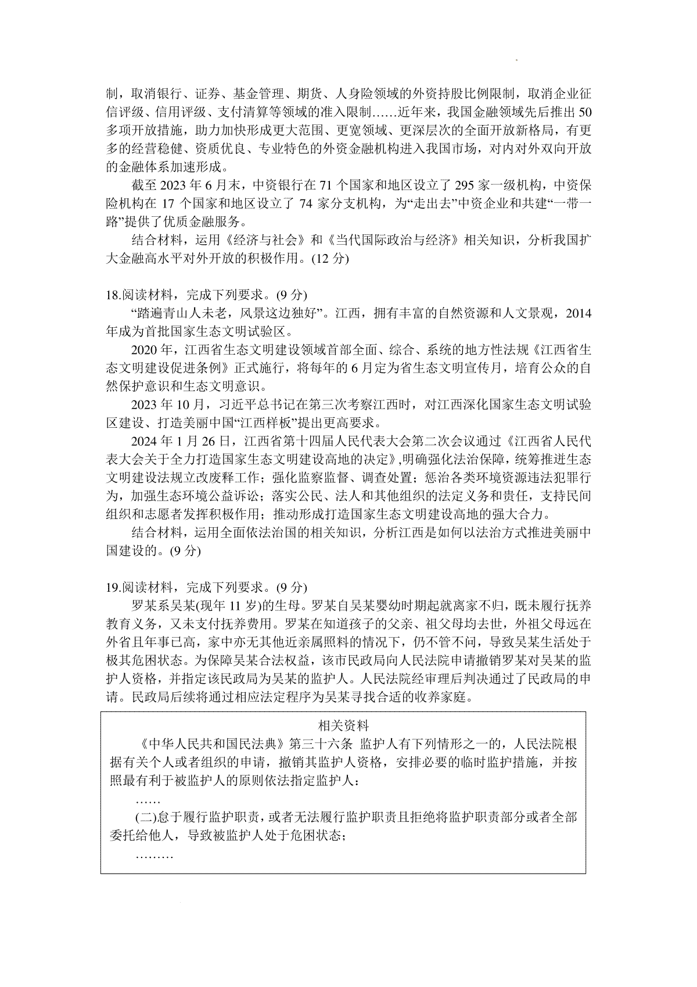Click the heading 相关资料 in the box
point(343,725)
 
